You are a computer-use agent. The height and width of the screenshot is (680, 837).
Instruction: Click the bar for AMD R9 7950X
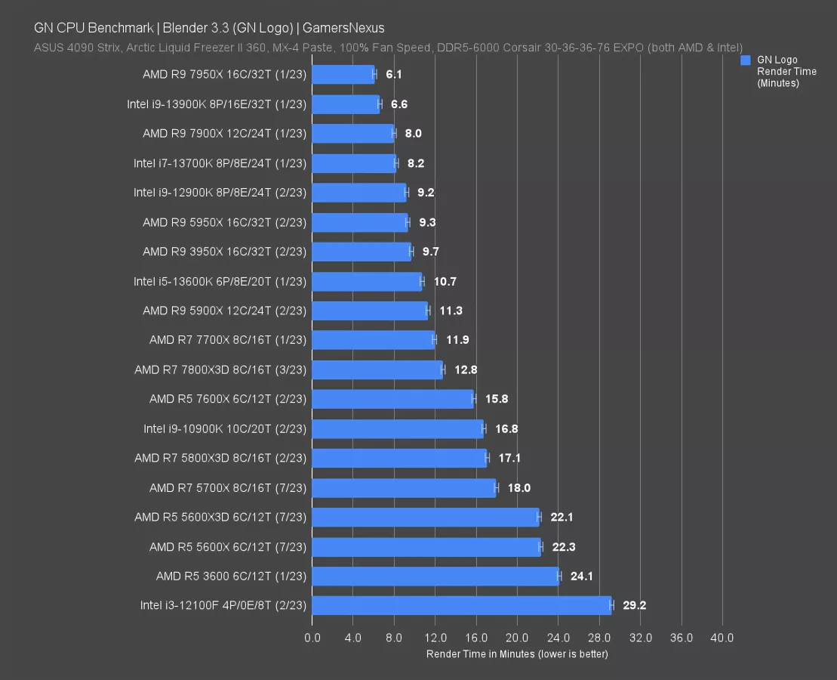(x=343, y=74)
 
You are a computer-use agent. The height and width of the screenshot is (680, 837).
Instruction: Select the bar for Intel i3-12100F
(x=461, y=605)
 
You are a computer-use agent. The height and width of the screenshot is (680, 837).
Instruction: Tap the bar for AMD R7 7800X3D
(x=377, y=369)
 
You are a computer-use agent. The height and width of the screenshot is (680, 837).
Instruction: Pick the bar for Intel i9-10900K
(x=398, y=428)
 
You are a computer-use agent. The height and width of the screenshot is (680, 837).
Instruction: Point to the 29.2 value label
(x=635, y=605)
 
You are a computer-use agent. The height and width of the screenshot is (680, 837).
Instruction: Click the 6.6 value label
(x=399, y=104)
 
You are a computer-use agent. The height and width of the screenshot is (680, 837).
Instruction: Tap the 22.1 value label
(x=562, y=517)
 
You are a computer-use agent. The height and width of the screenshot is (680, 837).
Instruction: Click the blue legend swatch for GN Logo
(x=746, y=60)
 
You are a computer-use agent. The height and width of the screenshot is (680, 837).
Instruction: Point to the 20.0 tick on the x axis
(x=517, y=638)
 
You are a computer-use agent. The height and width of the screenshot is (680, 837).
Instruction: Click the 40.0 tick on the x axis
(x=722, y=638)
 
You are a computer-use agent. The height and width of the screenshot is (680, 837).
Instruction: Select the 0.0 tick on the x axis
(x=312, y=638)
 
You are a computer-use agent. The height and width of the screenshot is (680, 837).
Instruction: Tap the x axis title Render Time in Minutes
(x=517, y=654)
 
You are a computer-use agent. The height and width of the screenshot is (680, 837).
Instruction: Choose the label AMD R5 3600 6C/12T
(x=231, y=576)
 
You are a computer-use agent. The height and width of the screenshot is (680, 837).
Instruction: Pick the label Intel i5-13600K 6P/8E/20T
(x=220, y=281)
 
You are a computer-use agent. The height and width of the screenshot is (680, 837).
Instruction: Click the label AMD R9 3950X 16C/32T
(x=224, y=252)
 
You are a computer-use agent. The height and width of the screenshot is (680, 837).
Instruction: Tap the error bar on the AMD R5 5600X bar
(x=540, y=546)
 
